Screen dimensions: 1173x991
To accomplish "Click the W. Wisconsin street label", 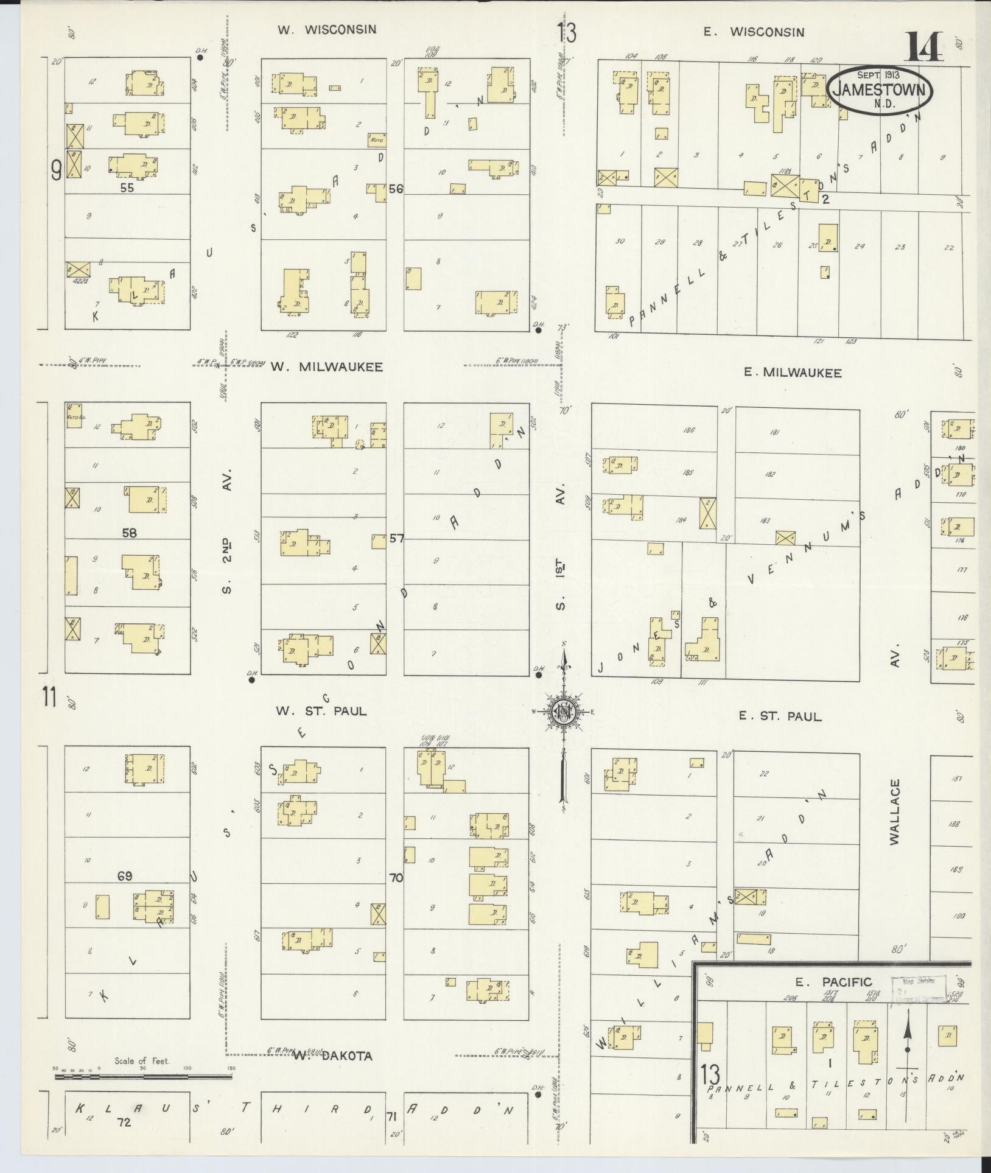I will (x=327, y=29).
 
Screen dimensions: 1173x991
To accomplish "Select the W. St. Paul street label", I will (x=321, y=710).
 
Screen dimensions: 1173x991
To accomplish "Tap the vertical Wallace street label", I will (x=894, y=811).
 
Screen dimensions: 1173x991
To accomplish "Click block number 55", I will (x=127, y=188).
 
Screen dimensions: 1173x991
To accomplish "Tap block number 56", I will (x=396, y=189).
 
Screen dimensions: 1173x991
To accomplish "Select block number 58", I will (x=129, y=533).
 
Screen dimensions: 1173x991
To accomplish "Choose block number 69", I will (x=125, y=876).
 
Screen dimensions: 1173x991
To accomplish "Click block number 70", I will (x=396, y=878).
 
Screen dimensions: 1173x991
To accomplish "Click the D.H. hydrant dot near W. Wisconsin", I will (x=200, y=57).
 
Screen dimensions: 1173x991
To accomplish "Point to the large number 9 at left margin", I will (x=56, y=171).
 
